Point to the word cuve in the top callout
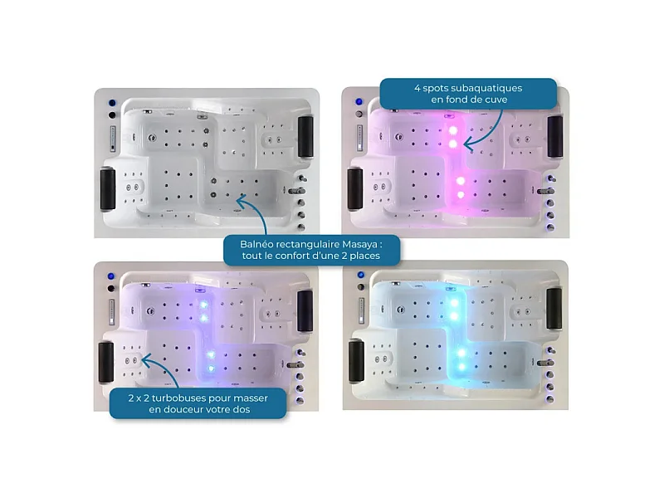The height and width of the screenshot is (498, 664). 496,100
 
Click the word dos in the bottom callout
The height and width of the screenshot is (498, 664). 242,409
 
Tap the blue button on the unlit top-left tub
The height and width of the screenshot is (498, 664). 112,103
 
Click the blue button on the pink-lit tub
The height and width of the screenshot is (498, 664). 359,101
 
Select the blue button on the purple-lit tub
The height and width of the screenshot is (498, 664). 111,276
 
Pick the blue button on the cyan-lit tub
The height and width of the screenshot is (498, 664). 361,275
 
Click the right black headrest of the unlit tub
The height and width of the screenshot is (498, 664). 305,136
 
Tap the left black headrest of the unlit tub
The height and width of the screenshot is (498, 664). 108,189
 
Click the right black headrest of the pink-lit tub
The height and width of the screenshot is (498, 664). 554,136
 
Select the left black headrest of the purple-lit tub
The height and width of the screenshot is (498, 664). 106,362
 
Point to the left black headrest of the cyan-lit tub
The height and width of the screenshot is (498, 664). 356,361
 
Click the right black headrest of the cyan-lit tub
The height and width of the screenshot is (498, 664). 554,308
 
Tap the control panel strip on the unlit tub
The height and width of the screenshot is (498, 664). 113,139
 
